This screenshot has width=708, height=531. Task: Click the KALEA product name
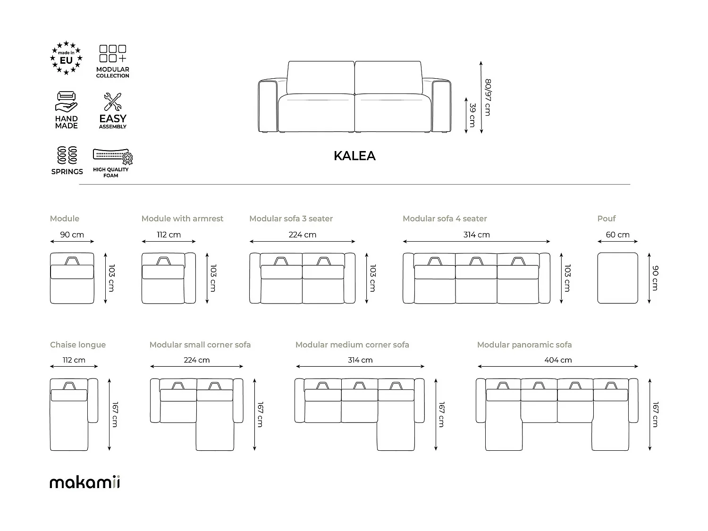pos(354,156)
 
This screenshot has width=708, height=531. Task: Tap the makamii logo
pos(85,482)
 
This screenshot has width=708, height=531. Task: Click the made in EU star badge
pos(66,58)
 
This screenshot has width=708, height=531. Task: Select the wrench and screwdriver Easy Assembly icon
pos(112,102)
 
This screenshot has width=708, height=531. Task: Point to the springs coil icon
pos(67,155)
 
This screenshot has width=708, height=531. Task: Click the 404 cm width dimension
pos(558,360)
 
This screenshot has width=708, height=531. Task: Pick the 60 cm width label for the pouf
pos(617,235)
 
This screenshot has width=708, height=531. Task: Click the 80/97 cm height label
pos(488,97)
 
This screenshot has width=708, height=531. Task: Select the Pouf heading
pos(607,219)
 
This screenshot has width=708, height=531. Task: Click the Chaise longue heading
pos(78,345)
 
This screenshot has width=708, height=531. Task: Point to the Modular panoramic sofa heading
pos(524,345)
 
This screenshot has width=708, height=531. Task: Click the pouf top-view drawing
pos(617,278)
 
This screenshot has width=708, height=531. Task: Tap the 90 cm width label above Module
pos(72,235)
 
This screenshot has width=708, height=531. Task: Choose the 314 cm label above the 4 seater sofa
pos(476,235)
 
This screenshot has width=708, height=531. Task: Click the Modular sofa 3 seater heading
pos(291,219)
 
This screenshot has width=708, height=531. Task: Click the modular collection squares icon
pos(112,54)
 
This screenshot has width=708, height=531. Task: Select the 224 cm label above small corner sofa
pos(196,360)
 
